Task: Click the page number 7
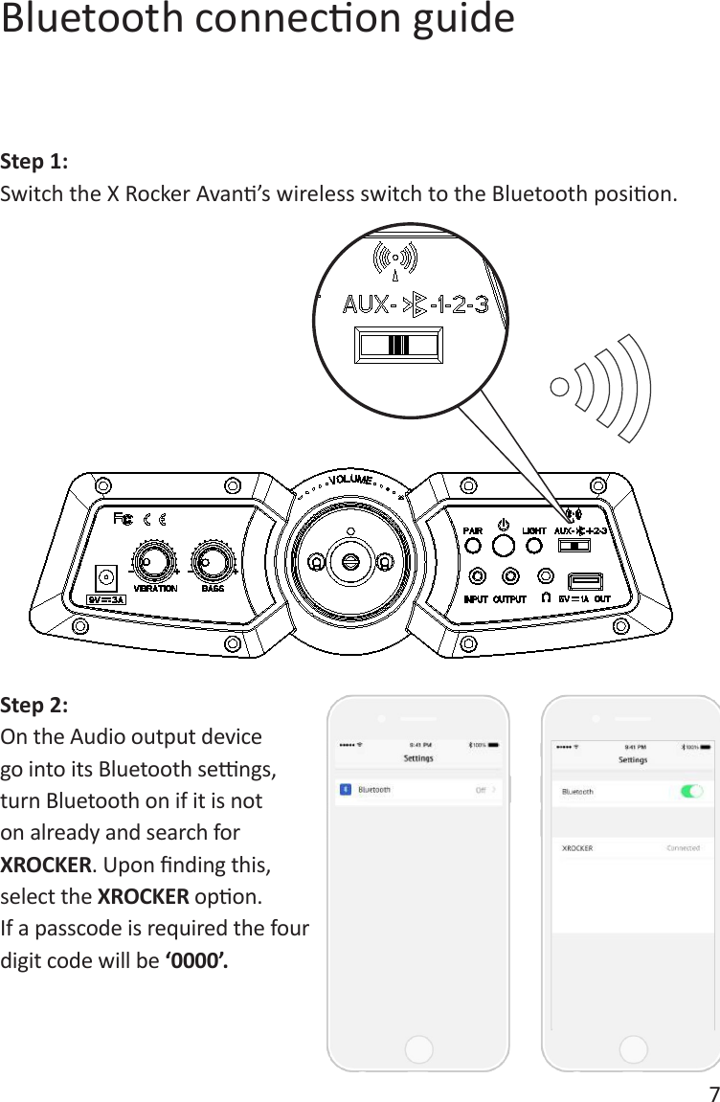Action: (x=711, y=1092)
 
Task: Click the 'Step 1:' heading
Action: (x=34, y=159)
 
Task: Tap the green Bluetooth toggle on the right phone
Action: (x=690, y=791)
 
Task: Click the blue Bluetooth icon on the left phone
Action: (x=345, y=790)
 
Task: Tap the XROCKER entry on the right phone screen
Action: (x=577, y=847)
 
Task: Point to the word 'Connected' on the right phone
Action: (x=683, y=847)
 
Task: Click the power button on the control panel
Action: (x=503, y=545)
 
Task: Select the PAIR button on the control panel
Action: (x=473, y=545)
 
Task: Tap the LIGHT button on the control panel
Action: (x=534, y=545)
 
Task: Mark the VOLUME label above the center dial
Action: (x=351, y=480)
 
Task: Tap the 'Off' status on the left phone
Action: (x=484, y=790)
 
